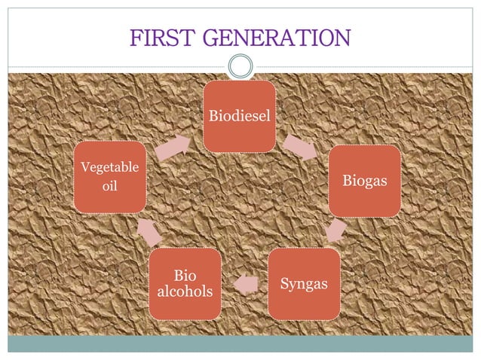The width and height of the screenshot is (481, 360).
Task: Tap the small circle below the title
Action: pyautogui.click(x=240, y=66)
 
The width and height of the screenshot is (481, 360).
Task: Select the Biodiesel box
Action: pyautogui.click(x=240, y=117)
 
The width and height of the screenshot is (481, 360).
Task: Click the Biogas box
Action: pyautogui.click(x=364, y=182)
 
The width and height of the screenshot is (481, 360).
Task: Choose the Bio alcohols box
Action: pyautogui.click(x=185, y=284)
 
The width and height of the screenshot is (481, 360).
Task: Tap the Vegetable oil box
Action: pyautogui.click(x=110, y=176)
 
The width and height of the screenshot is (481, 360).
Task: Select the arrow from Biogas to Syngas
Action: pyautogui.click(x=336, y=231)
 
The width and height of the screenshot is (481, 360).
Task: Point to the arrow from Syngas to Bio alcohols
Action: pyautogui.click(x=245, y=285)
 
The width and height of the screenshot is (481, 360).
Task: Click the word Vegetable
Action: pyautogui.click(x=110, y=167)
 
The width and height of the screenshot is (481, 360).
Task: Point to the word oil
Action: pyautogui.click(x=110, y=185)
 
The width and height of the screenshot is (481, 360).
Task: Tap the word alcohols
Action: pyautogui.click(x=185, y=291)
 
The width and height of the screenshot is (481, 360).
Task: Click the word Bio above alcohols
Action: pyautogui.click(x=185, y=276)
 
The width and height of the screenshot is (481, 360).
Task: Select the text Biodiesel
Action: pyautogui.click(x=240, y=117)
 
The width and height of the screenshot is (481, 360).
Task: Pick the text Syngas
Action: pyautogui.click(x=305, y=284)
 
